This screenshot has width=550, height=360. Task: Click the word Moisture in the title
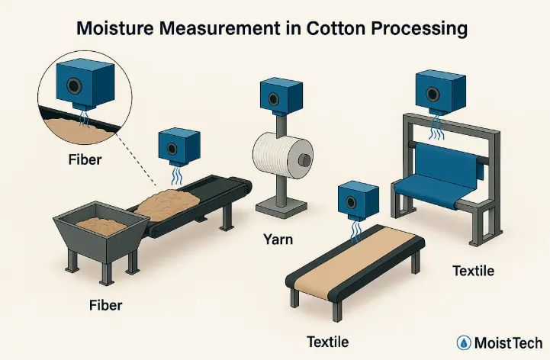click(x=121, y=31)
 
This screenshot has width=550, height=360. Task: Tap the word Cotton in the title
click(x=329, y=31)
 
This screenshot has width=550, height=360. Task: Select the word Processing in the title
click(x=413, y=31)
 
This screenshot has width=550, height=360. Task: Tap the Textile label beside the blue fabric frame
click(x=473, y=270)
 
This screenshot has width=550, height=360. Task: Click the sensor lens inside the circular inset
click(x=76, y=82)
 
